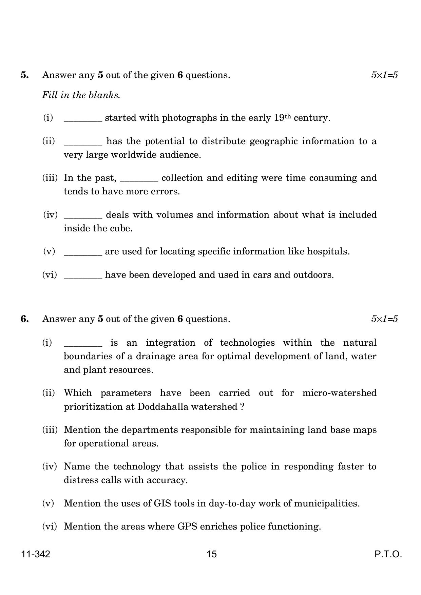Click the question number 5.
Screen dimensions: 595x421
24,75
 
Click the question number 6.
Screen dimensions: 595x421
24,319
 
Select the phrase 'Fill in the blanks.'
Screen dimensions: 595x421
81,95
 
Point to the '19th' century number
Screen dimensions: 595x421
282,118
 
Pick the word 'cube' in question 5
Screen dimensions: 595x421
122,228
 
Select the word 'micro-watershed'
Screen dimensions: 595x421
339,393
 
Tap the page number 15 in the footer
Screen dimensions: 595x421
211,554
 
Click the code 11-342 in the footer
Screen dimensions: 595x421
36,554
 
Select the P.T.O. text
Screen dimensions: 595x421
388,554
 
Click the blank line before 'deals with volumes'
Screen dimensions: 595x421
83,217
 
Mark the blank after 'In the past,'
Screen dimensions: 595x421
139,180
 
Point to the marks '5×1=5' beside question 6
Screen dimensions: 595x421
384,319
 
